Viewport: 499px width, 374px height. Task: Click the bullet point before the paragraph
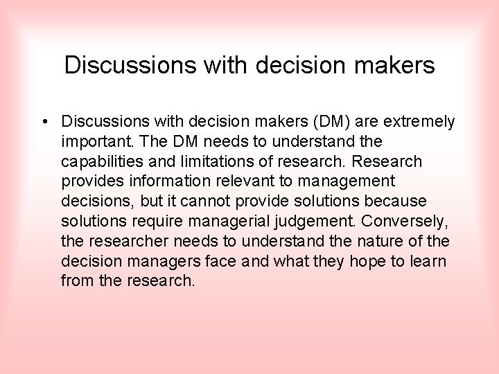tap(44, 122)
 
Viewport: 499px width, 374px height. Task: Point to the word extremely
tap(420, 122)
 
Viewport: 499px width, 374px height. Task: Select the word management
tap(349, 181)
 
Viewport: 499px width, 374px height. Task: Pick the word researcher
tap(127, 242)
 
